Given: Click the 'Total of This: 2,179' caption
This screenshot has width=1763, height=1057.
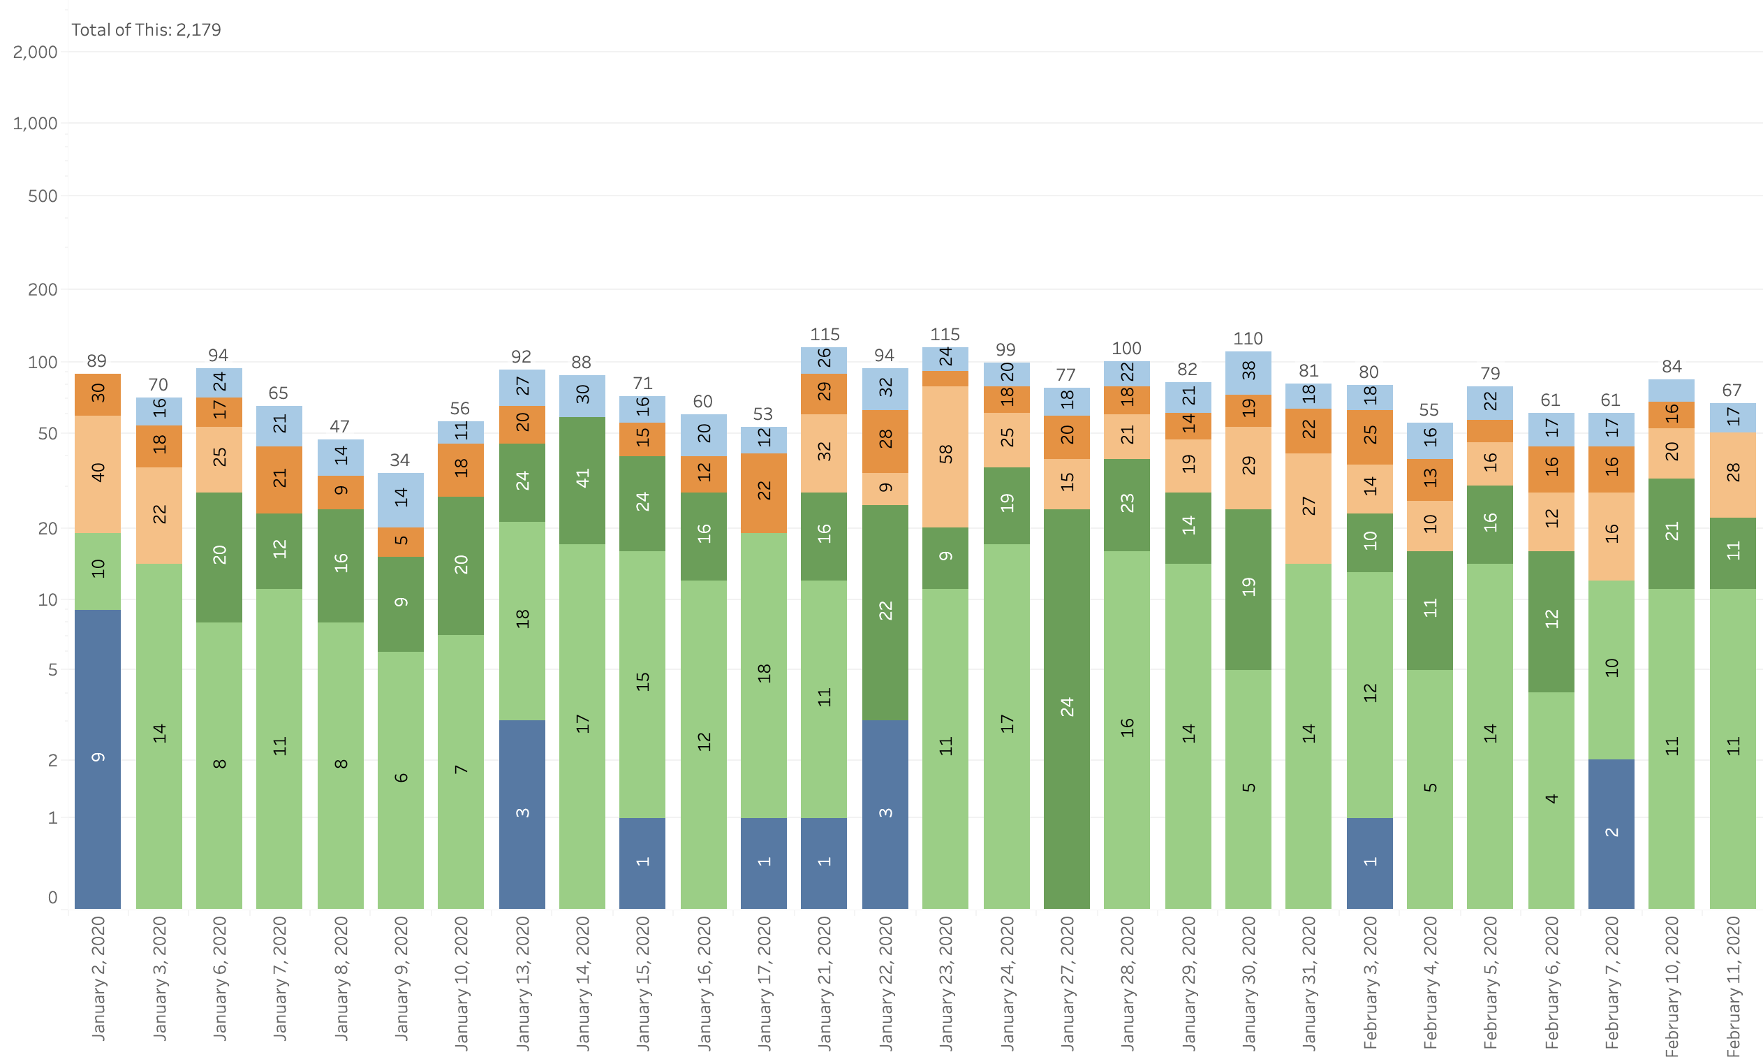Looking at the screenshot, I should coord(146,30).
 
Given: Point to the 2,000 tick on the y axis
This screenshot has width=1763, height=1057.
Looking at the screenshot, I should coord(36,52).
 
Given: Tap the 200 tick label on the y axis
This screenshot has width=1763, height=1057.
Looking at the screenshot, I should coord(43,290).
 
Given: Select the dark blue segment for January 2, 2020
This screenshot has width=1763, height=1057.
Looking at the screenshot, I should coord(98,759).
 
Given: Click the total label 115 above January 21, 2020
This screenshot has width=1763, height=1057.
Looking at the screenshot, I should coord(824,334).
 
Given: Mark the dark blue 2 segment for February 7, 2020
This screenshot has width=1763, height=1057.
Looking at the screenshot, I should coord(1611,833).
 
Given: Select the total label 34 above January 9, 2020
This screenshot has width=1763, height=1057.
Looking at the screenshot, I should coord(400,460).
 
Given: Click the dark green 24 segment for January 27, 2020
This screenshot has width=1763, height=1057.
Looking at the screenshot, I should coord(1066,708).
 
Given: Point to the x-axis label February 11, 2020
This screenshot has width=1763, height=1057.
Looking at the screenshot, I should coord(1732,986).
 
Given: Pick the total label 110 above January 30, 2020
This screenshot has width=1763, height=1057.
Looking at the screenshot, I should coord(1248,338).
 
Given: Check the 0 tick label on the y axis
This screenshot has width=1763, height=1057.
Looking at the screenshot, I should coord(52,898).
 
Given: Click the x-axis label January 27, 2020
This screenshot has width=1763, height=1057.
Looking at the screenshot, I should coord(1066,982).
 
